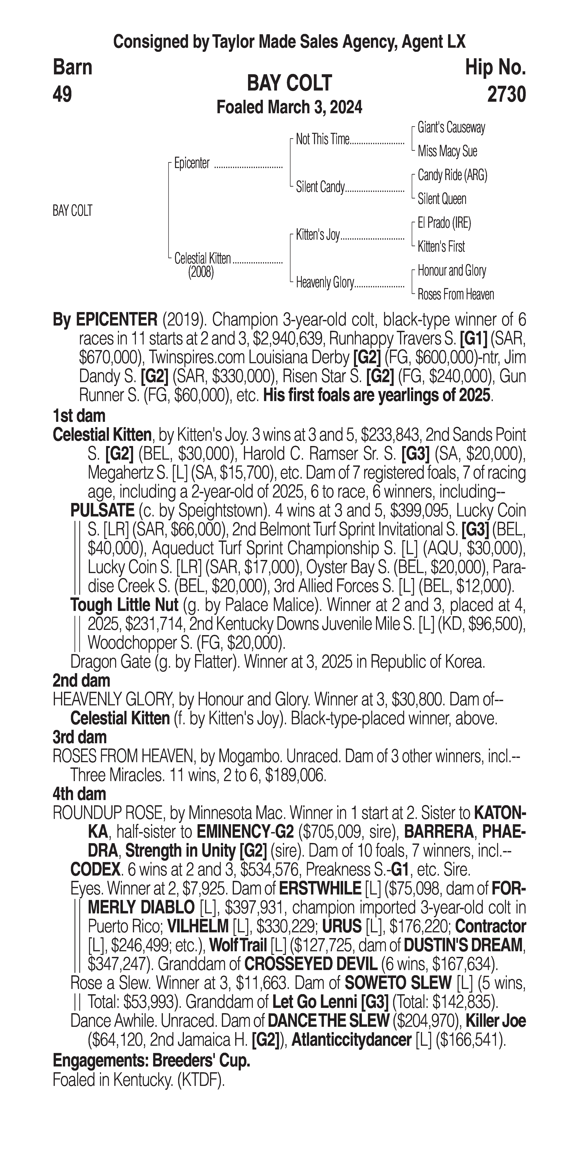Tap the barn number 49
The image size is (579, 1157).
click(x=62, y=95)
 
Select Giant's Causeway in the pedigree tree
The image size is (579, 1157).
click(x=451, y=128)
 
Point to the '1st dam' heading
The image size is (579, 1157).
click(x=79, y=416)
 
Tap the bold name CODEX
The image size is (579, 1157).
click(x=95, y=870)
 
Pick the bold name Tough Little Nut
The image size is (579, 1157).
click(x=124, y=605)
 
